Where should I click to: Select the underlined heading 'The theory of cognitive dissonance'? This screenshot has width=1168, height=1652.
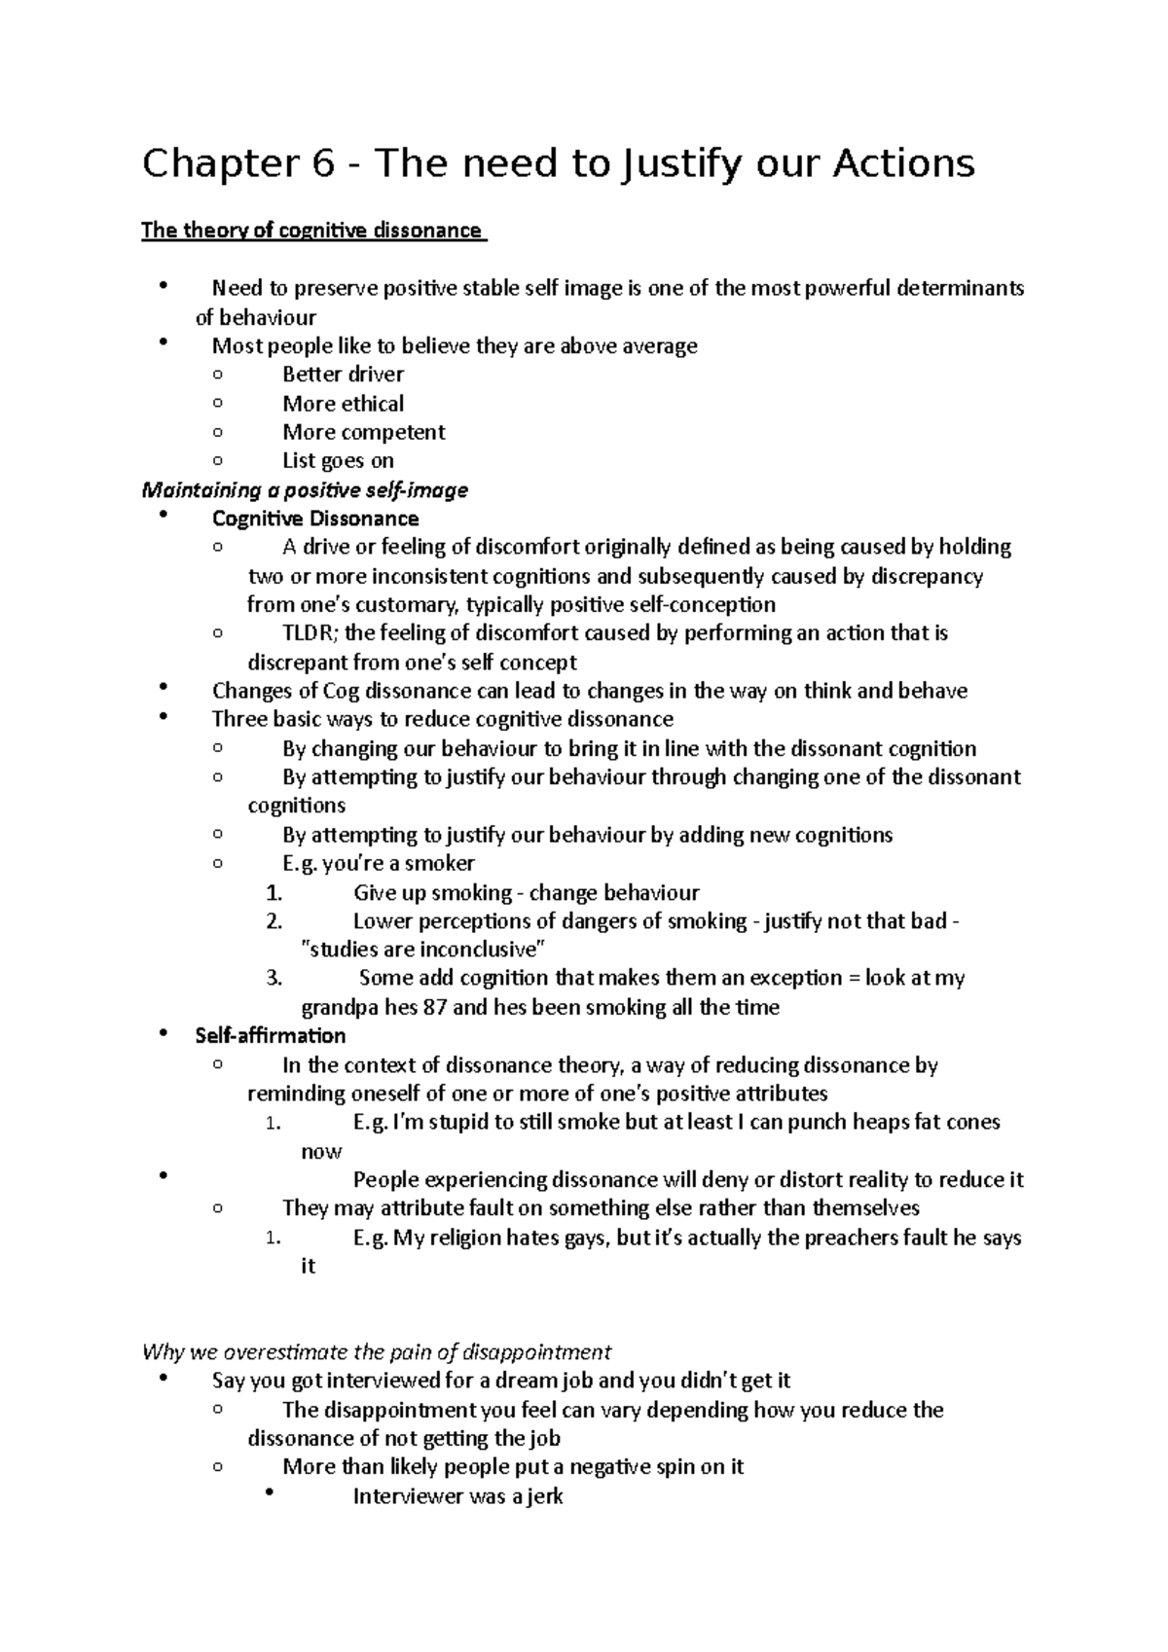click(311, 231)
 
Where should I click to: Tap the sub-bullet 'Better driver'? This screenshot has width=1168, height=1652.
click(343, 375)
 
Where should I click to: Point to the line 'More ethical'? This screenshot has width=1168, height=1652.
click(343, 404)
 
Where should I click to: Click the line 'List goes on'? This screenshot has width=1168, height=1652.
click(338, 461)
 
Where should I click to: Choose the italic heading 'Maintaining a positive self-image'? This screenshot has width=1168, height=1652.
click(305, 490)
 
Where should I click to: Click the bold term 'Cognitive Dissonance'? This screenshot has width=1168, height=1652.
click(315, 519)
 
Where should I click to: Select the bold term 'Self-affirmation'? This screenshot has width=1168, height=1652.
click(271, 1035)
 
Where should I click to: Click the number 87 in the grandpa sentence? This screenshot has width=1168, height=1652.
click(435, 1007)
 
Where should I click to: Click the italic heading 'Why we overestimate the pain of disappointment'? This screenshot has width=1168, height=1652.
click(377, 1352)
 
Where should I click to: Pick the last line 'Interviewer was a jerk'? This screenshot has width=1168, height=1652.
click(457, 1496)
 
